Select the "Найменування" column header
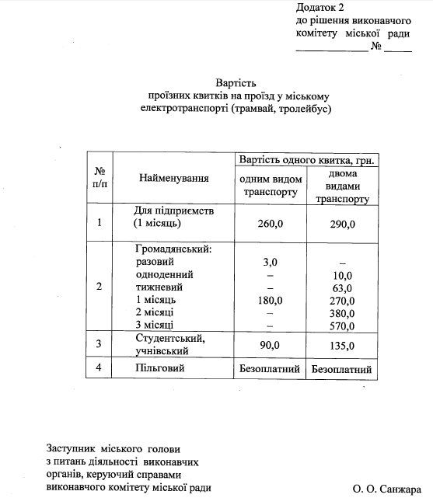click(173, 179)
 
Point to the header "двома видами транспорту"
click(343, 186)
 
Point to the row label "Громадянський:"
click(173, 250)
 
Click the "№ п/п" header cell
click(100, 178)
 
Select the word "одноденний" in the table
click(163, 275)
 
